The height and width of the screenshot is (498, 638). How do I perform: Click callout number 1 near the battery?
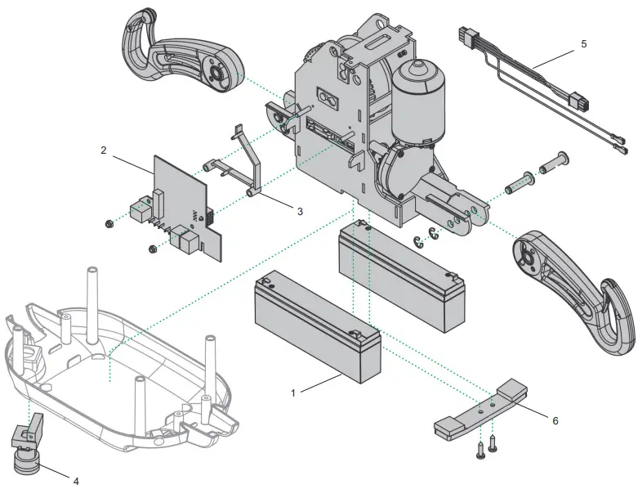point(292,393)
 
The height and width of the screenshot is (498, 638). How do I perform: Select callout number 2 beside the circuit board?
point(104,150)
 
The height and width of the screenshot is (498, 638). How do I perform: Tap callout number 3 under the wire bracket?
point(300,211)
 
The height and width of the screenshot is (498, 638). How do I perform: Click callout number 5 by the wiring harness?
point(583,44)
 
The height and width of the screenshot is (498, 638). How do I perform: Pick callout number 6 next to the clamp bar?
point(555,420)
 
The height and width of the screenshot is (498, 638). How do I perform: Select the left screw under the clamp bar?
point(480,448)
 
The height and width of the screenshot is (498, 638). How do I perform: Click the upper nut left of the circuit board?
point(109,223)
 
